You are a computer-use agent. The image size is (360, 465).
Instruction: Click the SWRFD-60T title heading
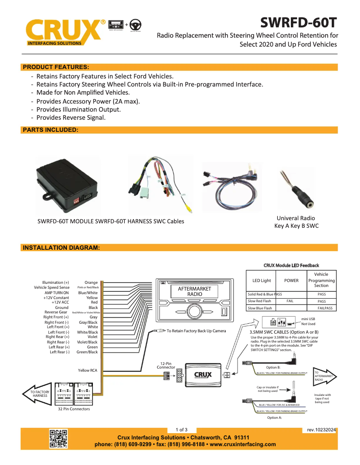tap(299, 22)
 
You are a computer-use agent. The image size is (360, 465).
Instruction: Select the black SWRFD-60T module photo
tap(67, 185)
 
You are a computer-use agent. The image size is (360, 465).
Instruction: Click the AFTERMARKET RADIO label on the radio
tap(194, 291)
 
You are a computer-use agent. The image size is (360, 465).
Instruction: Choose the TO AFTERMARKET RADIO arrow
tap(325, 376)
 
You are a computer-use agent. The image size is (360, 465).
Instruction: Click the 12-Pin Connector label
tap(166, 365)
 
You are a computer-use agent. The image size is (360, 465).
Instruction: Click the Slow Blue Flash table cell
tap(260, 308)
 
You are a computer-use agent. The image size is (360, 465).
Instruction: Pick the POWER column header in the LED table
tap(291, 281)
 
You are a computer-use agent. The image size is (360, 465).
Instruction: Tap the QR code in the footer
tap(58, 439)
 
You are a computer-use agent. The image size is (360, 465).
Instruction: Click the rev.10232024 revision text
tap(321, 430)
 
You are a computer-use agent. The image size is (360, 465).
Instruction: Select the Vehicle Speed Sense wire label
tap(52, 287)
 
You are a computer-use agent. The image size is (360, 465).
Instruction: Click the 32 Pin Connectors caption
tap(74, 409)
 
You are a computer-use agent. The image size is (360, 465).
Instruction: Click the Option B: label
tap(273, 367)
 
